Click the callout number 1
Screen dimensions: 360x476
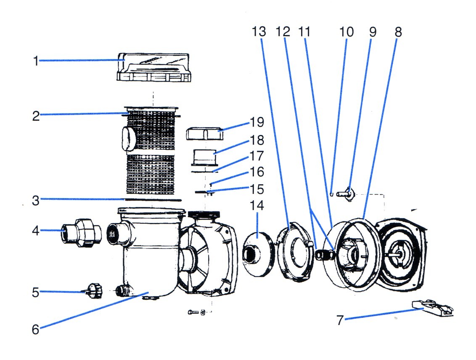click(x=36, y=61)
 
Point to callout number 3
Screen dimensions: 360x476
click(x=36, y=200)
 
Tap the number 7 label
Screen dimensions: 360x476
click(x=340, y=321)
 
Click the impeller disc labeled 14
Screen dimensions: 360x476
click(x=258, y=252)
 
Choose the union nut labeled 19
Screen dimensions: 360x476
click(x=204, y=135)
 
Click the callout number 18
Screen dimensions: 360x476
click(x=257, y=140)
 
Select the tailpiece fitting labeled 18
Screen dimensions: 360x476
click(x=204, y=158)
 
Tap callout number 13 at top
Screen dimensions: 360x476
click(x=259, y=32)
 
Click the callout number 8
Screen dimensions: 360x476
click(x=398, y=32)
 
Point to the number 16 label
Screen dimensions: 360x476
click(x=256, y=172)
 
